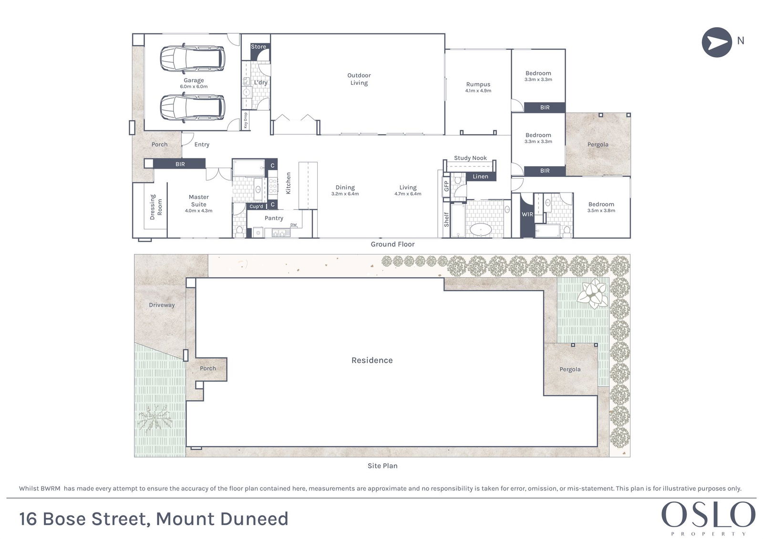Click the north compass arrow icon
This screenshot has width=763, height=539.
717,42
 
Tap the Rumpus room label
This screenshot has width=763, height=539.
478,84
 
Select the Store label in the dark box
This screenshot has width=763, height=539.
258,47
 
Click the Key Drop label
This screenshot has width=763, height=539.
246,120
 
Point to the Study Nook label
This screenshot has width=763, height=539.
470,158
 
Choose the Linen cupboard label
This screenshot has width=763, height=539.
480,176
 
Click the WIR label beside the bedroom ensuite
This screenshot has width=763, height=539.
527,214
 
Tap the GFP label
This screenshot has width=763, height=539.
446,186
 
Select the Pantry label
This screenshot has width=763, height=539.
274,218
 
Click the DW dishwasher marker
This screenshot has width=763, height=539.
293,225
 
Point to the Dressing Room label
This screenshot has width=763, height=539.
156,207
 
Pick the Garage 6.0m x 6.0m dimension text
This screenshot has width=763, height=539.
194,86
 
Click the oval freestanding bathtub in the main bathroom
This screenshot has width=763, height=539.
481,230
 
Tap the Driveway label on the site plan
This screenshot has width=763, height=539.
162,305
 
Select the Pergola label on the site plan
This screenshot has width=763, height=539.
570,369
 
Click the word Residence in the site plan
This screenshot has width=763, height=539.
372,360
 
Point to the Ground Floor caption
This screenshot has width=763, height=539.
392,244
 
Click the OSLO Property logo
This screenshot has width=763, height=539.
708,518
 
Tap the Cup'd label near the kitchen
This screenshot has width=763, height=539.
256,206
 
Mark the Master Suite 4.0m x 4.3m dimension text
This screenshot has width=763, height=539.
198,211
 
